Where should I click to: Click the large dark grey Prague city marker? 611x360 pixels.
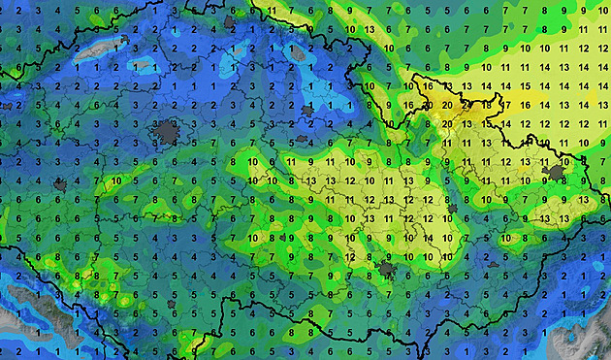pyautogui.click(x=169, y=133)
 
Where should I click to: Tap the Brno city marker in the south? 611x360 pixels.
pyautogui.click(x=387, y=269)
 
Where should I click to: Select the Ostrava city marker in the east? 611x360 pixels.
pyautogui.click(x=556, y=174)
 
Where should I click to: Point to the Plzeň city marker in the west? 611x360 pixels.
pyautogui.click(x=60, y=183)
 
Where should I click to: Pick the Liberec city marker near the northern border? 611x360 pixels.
pyautogui.click(x=230, y=20)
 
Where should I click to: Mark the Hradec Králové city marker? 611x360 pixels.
pyautogui.click(x=308, y=113)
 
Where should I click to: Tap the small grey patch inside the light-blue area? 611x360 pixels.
pyautogui.click(x=144, y=66)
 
